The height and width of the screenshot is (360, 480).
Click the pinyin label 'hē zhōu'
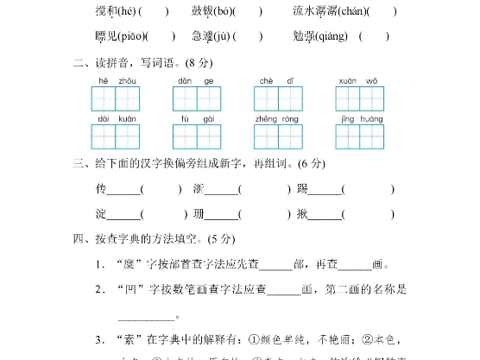click(x=115, y=81)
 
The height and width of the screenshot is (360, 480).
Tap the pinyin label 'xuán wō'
click(x=359, y=81)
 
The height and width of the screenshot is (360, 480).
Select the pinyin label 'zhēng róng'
click(x=277, y=118)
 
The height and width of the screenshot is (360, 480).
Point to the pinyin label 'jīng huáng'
click(x=359, y=118)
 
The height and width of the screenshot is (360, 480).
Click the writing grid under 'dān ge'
click(x=197, y=98)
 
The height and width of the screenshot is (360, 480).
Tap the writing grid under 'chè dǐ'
click(x=278, y=98)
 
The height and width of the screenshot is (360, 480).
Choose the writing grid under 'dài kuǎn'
click(x=115, y=136)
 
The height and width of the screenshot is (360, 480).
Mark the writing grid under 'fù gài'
click(x=197, y=136)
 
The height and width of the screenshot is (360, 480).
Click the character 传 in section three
click(x=101, y=188)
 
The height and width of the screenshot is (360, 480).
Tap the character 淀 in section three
click(x=101, y=213)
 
